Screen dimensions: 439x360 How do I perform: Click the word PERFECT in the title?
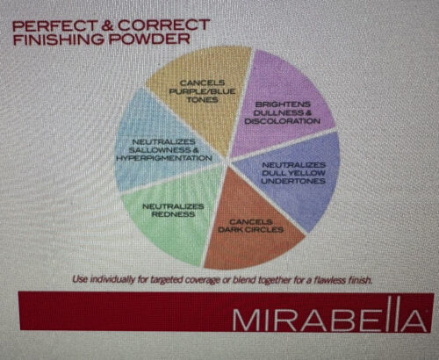[54, 25]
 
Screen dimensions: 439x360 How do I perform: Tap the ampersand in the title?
[108, 25]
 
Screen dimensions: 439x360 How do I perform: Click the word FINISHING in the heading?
[59, 40]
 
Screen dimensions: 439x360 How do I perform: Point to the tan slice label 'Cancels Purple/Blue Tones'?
[202, 91]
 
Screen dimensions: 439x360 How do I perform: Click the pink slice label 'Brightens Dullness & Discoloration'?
[283, 112]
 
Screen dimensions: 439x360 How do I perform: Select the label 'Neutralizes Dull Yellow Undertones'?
[293, 173]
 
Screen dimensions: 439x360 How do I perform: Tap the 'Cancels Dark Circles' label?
[250, 226]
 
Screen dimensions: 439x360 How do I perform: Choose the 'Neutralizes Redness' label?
[173, 210]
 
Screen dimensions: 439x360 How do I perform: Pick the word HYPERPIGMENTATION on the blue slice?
[164, 158]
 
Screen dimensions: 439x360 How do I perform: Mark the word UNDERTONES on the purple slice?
[293, 181]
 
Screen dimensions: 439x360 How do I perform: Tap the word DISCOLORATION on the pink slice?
[283, 121]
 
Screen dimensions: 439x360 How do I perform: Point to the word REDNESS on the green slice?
[173, 214]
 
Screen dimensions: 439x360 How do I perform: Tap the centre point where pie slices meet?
[228, 161]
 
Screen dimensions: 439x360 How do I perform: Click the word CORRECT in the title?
[164, 25]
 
